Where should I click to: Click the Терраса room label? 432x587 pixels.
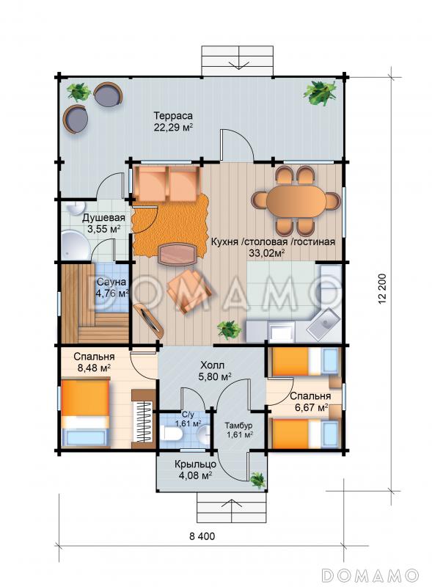pyautogui.click(x=173, y=115)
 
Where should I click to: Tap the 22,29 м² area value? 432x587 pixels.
pyautogui.click(x=173, y=128)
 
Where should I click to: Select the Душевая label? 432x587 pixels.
pyautogui.click(x=103, y=217)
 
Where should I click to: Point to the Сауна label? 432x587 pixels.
pyautogui.click(x=111, y=282)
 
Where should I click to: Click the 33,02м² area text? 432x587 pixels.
pyautogui.click(x=267, y=253)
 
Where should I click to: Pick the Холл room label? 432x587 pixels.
pyautogui.click(x=212, y=365)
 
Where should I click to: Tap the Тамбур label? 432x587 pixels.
pyautogui.click(x=238, y=426)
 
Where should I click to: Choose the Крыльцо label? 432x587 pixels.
pyautogui.click(x=195, y=464)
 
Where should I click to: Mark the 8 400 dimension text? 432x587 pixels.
pyautogui.click(x=202, y=536)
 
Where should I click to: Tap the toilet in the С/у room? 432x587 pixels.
pyautogui.click(x=171, y=434)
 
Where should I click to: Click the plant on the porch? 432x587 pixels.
pyautogui.click(x=258, y=480)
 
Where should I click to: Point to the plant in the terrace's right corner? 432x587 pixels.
pyautogui.click(x=320, y=93)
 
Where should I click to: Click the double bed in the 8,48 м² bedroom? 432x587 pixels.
pyautogui.click(x=85, y=413)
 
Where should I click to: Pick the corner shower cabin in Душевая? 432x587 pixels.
pyautogui.click(x=75, y=245)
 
